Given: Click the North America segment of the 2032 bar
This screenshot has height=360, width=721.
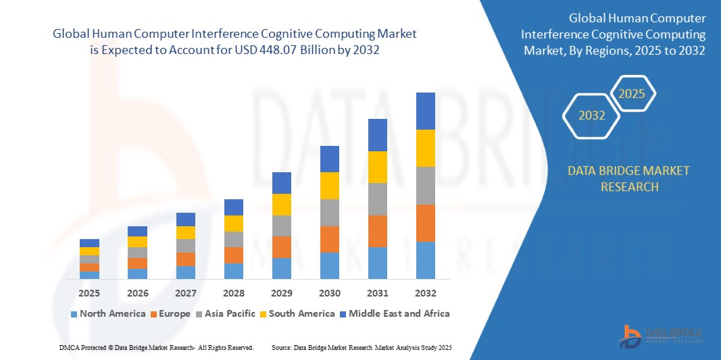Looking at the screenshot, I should pyautogui.click(x=425, y=260).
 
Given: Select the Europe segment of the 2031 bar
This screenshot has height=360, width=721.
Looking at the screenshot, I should pyautogui.click(x=377, y=231).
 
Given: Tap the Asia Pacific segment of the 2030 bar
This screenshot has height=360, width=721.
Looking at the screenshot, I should pyautogui.click(x=329, y=212).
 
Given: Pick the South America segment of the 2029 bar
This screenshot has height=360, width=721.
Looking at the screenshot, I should pyautogui.click(x=281, y=204).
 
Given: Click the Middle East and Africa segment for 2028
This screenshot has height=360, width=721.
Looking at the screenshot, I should pyautogui.click(x=233, y=207).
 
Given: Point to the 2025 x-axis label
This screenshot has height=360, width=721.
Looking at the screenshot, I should pyautogui.click(x=89, y=293).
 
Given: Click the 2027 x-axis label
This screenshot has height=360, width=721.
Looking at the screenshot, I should pyautogui.click(x=185, y=293).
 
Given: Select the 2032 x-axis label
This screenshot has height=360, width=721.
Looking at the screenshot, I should pyautogui.click(x=425, y=293).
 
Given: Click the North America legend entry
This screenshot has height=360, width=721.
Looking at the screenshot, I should pyautogui.click(x=107, y=313).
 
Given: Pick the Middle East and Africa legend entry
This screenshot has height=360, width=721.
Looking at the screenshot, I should pyautogui.click(x=395, y=313).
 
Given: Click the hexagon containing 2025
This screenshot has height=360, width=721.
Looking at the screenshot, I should pyautogui.click(x=632, y=94).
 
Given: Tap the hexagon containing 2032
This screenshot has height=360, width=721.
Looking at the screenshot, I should pyautogui.click(x=592, y=115).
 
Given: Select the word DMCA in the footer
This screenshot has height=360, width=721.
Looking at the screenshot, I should pyautogui.click(x=69, y=347).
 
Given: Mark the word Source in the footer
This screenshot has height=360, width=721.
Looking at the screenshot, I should pyautogui.click(x=281, y=347).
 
